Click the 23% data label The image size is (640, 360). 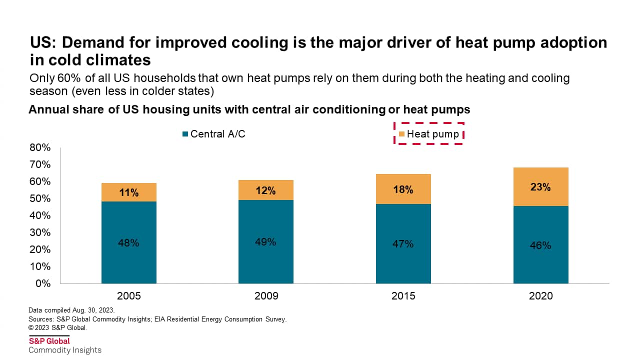(x=540, y=187)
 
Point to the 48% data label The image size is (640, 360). (x=128, y=243)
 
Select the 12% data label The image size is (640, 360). (x=265, y=190)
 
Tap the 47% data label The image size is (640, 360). (x=403, y=244)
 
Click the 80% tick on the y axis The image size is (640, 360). (x=40, y=147)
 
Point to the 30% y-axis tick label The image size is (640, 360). (x=40, y=232)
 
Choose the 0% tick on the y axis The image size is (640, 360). (x=43, y=283)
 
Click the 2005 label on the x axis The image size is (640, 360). (x=128, y=296)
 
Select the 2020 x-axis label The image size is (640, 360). (x=540, y=296)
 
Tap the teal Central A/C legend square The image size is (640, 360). (x=185, y=134)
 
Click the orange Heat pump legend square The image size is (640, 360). (x=401, y=134)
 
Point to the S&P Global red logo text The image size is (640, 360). (x=49, y=341)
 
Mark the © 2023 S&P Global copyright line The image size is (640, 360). (x=58, y=328)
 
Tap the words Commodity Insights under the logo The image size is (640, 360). (x=65, y=350)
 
